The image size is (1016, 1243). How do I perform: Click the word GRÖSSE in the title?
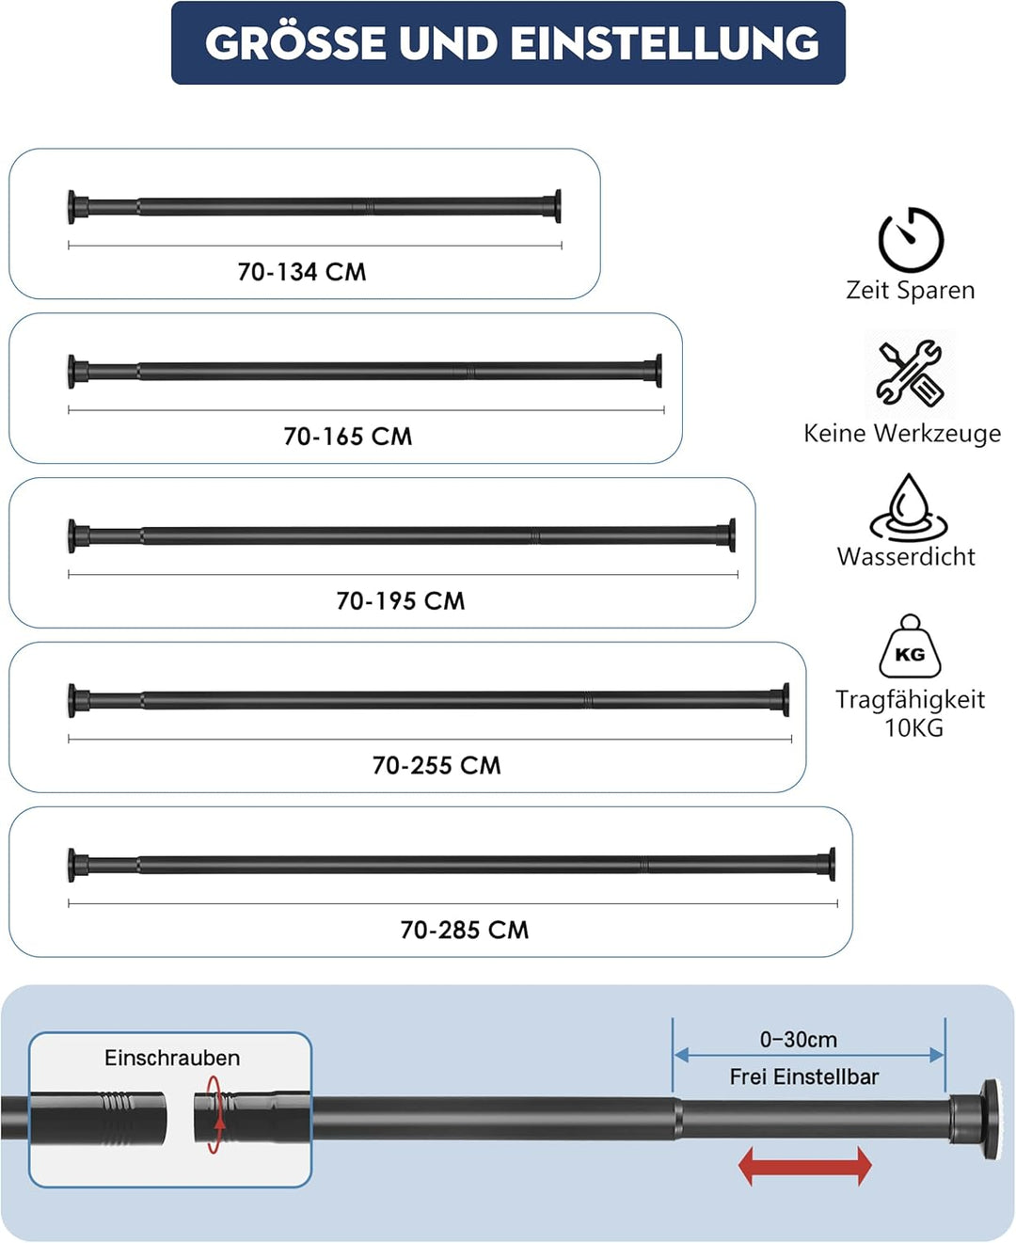295,42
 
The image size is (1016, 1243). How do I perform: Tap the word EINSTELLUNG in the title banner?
664,43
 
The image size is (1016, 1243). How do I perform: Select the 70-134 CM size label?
302,272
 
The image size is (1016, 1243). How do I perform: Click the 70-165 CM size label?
348,437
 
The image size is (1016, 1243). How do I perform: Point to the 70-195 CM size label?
401,601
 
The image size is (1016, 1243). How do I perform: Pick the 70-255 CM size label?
437,766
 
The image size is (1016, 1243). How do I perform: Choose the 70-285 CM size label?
465,930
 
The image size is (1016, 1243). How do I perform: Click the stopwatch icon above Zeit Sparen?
911,239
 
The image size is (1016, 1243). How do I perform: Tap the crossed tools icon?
911,372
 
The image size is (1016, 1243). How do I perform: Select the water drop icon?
909,508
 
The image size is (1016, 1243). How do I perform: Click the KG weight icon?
911,646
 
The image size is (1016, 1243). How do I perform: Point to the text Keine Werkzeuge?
902,433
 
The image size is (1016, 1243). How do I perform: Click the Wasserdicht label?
906,557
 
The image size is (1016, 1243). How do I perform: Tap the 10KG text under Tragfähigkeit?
914,728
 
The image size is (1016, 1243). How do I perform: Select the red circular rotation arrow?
214,1114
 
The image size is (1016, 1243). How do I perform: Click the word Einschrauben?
172,1058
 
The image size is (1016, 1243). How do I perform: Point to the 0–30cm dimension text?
799,1040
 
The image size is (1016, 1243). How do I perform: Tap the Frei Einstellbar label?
804,1076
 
